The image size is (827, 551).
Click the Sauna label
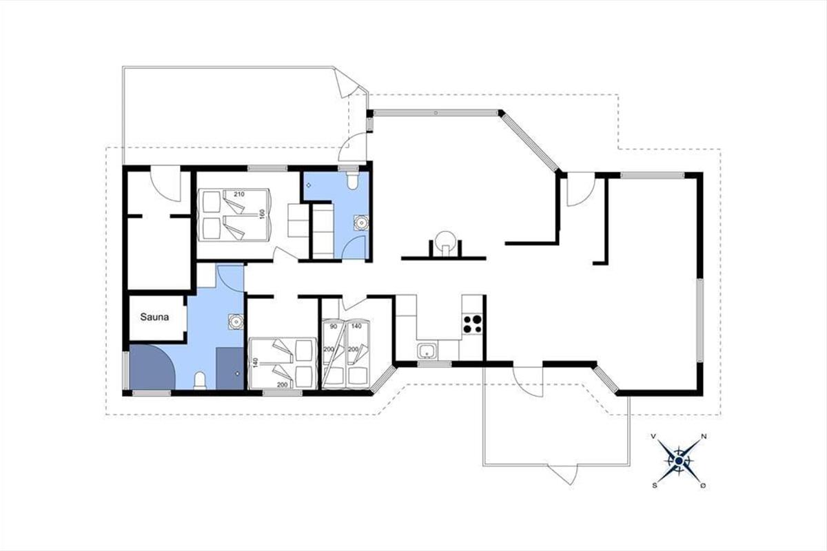pyautogui.click(x=154, y=317)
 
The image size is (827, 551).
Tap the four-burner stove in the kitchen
pyautogui.click(x=472, y=324)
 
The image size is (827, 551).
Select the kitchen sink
pyautogui.click(x=427, y=351)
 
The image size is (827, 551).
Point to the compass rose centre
pyautogui.click(x=679, y=461)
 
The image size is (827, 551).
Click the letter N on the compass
pyautogui.click(x=704, y=437)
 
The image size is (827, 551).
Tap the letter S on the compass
pyautogui.click(x=655, y=486)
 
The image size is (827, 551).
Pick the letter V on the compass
pyautogui.click(x=653, y=437)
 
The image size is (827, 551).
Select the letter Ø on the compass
pyautogui.click(x=703, y=486)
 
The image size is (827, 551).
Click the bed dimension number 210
pyautogui.click(x=239, y=194)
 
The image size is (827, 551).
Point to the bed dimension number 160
pyautogui.click(x=262, y=214)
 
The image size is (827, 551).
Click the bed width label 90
pyautogui.click(x=334, y=326)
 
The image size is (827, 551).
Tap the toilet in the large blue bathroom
pyautogui.click(x=200, y=380)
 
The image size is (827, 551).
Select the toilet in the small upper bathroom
pyautogui.click(x=353, y=181)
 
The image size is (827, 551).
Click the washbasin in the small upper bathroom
pyautogui.click(x=360, y=222)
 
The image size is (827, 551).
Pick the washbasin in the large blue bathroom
pyautogui.click(x=236, y=322)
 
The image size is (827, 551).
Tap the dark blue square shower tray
pyautogui.click(x=229, y=368)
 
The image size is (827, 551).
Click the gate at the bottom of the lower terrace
pyautogui.click(x=562, y=474)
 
